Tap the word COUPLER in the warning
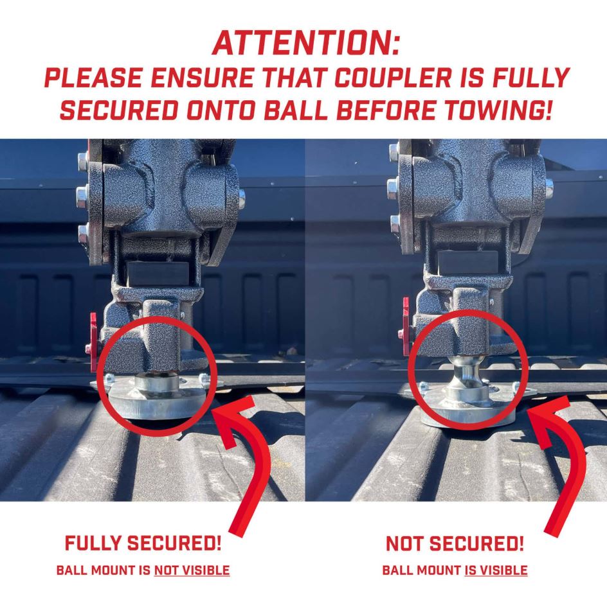[393, 77]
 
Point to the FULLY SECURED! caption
[143, 543]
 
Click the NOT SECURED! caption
[455, 543]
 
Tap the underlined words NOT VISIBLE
[192, 570]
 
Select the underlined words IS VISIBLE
[496, 570]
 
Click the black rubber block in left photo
[157, 272]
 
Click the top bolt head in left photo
[82, 159]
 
